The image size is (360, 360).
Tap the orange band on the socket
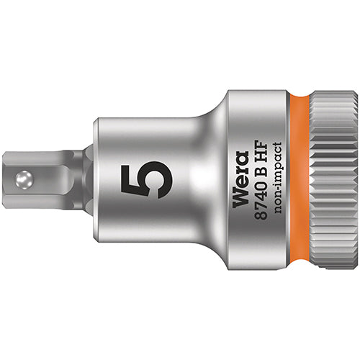[x=297, y=180]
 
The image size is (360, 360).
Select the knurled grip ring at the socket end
[x=333, y=180]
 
